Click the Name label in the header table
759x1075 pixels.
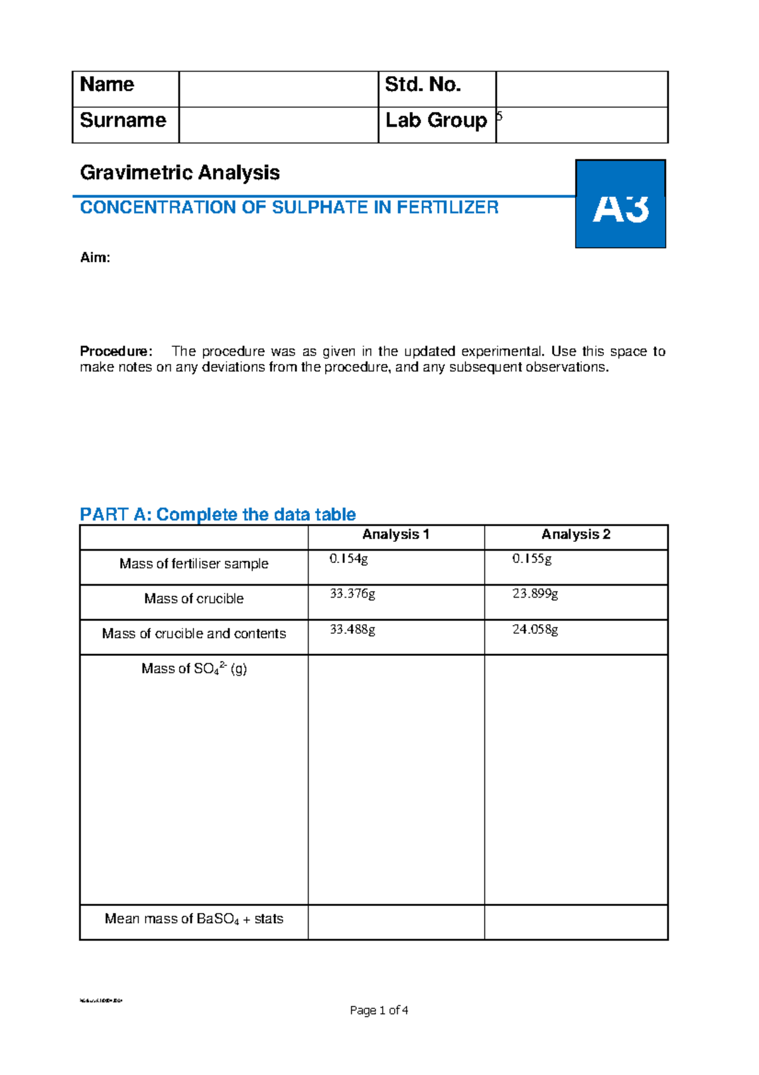click(107, 85)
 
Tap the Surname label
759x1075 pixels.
click(123, 120)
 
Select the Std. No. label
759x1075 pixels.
click(423, 85)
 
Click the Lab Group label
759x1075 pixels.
click(436, 120)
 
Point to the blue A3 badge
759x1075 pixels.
click(620, 204)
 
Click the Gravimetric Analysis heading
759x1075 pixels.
click(180, 173)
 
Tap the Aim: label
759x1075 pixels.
click(95, 258)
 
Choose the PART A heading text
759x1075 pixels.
click(218, 515)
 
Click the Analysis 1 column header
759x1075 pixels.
click(395, 534)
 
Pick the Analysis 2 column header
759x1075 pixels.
click(576, 534)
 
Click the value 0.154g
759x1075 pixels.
click(349, 559)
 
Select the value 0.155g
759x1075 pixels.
click(532, 559)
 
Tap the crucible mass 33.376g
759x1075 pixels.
click(352, 594)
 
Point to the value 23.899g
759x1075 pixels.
click(535, 594)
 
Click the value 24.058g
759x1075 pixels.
click(535, 629)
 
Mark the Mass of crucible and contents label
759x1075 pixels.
click(194, 634)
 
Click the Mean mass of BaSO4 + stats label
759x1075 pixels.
click(194, 919)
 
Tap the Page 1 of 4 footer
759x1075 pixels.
click(379, 1010)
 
